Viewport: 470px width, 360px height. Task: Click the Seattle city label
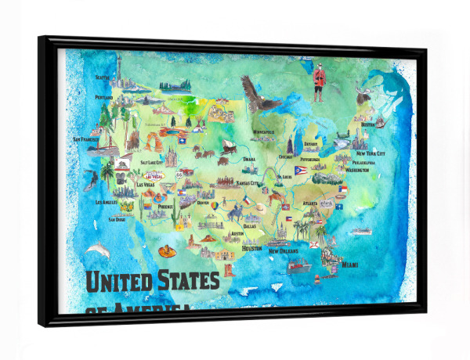click(103, 77)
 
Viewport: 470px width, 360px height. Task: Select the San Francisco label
click(88, 139)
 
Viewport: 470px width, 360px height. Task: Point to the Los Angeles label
click(107, 203)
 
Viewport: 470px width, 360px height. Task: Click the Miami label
click(351, 265)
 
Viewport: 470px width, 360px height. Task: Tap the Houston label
click(251, 248)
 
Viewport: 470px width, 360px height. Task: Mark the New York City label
click(371, 153)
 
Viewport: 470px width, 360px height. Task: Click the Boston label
click(367, 124)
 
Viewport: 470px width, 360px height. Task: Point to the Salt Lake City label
click(151, 162)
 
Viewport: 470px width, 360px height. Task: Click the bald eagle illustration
click(255, 92)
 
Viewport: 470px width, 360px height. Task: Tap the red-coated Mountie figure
click(318, 81)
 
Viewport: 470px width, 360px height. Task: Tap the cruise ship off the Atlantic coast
click(360, 231)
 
